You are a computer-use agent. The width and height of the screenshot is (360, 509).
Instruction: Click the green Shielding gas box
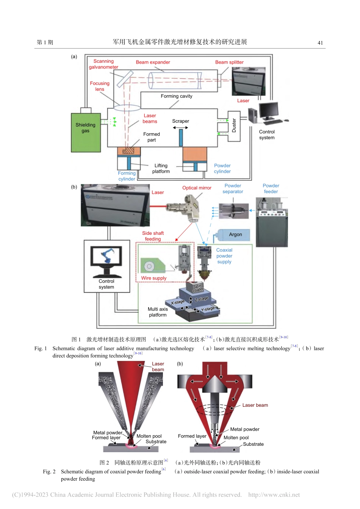coord(86,133)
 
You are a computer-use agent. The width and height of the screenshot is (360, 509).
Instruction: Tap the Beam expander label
coord(153,62)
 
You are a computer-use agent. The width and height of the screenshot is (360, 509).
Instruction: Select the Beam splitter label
coord(229,62)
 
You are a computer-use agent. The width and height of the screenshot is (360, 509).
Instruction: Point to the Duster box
coord(234,126)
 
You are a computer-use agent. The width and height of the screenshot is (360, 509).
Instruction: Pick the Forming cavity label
coord(176,96)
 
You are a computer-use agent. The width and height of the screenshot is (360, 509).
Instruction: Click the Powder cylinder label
coord(222,169)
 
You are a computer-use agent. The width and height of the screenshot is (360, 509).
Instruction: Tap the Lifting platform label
coord(161,169)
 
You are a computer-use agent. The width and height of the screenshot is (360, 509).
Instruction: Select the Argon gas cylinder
coord(235,235)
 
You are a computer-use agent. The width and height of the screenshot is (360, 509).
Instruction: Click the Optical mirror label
coord(197,188)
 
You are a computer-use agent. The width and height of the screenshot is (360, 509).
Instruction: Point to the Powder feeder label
coord(271,189)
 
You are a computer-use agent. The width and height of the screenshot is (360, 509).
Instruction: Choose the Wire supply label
coord(153,278)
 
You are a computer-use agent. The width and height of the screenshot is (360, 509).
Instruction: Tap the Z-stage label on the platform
coord(201,299)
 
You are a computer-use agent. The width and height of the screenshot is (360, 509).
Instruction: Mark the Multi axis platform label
coord(158,312)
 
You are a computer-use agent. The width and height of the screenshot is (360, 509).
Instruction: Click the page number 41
coord(320,43)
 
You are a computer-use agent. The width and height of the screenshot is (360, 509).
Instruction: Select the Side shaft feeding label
coord(153,236)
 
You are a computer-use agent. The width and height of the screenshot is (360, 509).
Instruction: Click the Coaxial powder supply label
coord(224,256)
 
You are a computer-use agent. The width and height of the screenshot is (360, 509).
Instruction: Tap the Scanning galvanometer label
coord(103,64)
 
